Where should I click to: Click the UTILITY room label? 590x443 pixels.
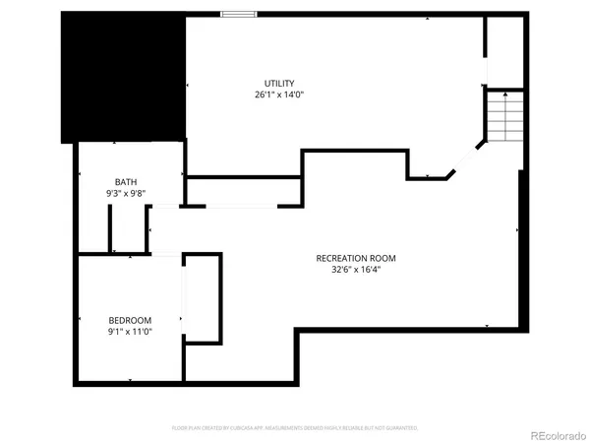tap(279, 83)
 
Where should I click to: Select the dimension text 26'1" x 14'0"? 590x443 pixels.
tap(279, 95)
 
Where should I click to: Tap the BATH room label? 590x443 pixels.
tap(126, 181)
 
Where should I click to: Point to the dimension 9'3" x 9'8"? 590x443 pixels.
tap(126, 193)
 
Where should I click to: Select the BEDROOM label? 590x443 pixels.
tap(130, 321)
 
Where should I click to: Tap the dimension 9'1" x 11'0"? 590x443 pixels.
tap(130, 333)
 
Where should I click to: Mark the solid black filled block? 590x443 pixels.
tap(123, 77)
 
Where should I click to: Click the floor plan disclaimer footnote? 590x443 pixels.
tap(295, 428)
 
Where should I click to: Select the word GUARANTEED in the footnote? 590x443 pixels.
tap(400, 428)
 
